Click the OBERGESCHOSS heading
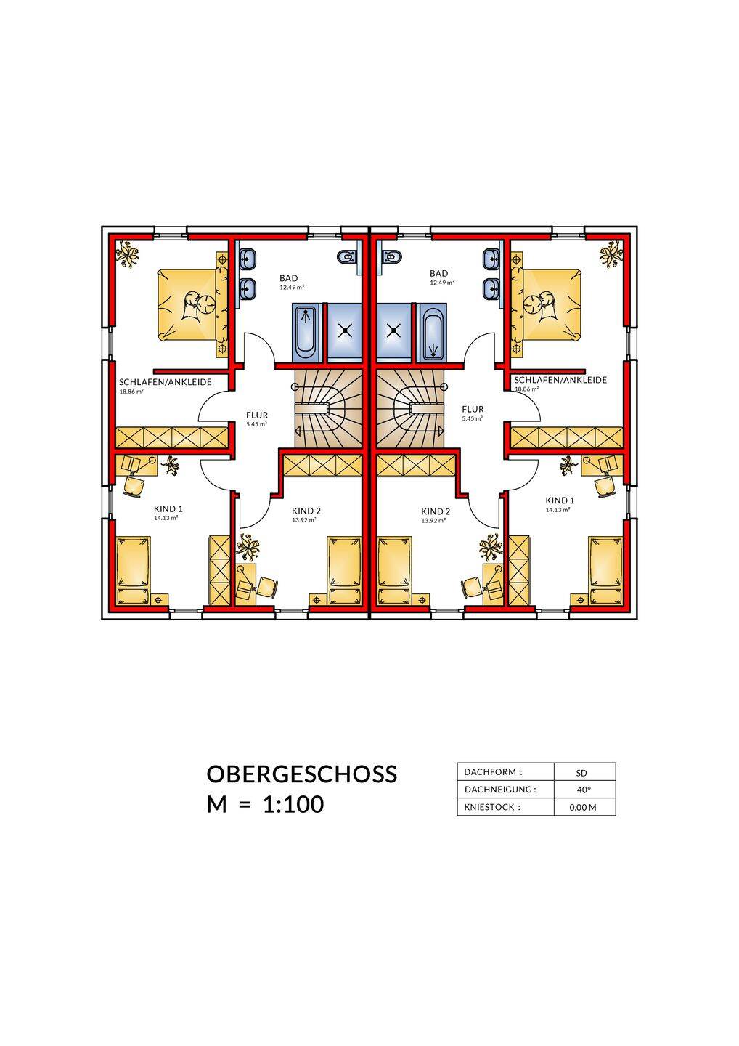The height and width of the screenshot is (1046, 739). click(x=302, y=774)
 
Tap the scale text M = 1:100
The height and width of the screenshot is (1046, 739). click(x=265, y=804)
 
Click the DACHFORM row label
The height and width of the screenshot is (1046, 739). click(x=493, y=772)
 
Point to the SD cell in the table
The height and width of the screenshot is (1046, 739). click(x=581, y=773)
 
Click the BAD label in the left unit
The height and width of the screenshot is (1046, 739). click(x=288, y=278)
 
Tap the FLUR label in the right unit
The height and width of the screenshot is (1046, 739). click(x=473, y=409)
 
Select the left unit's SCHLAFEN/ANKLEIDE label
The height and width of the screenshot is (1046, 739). click(x=166, y=382)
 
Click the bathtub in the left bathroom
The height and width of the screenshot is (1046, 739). click(x=306, y=333)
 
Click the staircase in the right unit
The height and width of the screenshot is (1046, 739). click(x=412, y=408)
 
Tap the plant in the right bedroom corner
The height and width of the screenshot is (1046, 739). click(x=612, y=254)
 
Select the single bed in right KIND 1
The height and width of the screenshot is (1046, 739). click(x=605, y=571)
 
